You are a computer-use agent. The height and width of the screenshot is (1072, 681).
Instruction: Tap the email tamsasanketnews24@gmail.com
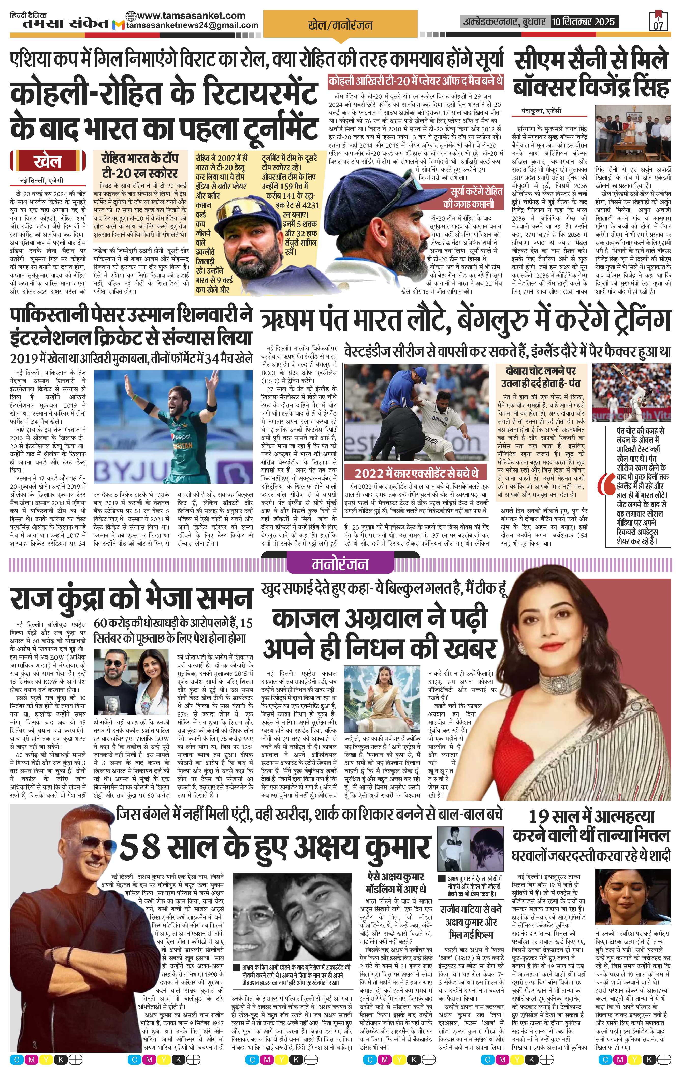pyautogui.click(x=192, y=25)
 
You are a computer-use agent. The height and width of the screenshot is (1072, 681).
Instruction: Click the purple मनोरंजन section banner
pyautogui.click(x=340, y=564)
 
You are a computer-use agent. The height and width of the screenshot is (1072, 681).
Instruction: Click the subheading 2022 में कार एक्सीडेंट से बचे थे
pyautogui.click(x=416, y=472)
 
